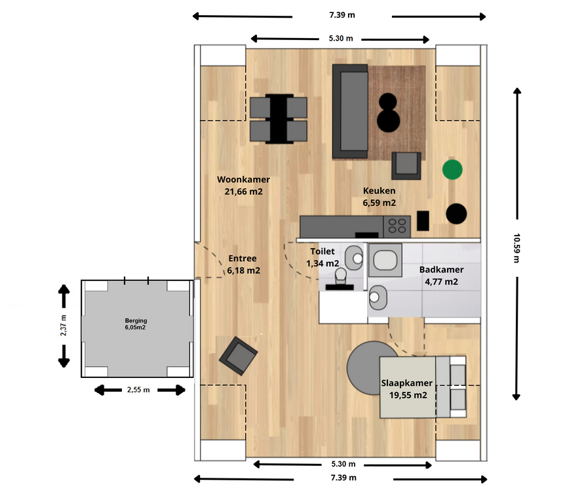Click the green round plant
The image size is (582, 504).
tap(452, 170)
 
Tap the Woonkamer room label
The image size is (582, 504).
tap(244, 180)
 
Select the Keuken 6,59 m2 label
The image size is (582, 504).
tap(379, 197)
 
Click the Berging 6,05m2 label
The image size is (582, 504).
tap(136, 324)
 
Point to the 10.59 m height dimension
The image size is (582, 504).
tap(516, 248)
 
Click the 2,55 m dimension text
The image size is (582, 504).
tap(138, 390)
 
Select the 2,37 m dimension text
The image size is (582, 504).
tap(64, 325)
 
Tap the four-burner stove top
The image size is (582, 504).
tap(397, 226)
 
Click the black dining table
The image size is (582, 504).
tap(279, 119)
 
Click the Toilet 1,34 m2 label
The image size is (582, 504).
tap(322, 257)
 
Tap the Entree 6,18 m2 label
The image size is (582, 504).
tap(243, 264)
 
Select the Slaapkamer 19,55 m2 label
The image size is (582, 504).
tap(407, 388)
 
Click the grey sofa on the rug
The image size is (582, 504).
tap(350, 112)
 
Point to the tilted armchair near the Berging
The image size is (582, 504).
tap(239, 356)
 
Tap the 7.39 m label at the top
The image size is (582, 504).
tap(342, 15)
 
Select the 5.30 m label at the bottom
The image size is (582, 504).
tap(343, 464)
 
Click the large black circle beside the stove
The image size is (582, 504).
tap(456, 214)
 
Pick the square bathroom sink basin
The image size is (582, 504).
tap(385, 260)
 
